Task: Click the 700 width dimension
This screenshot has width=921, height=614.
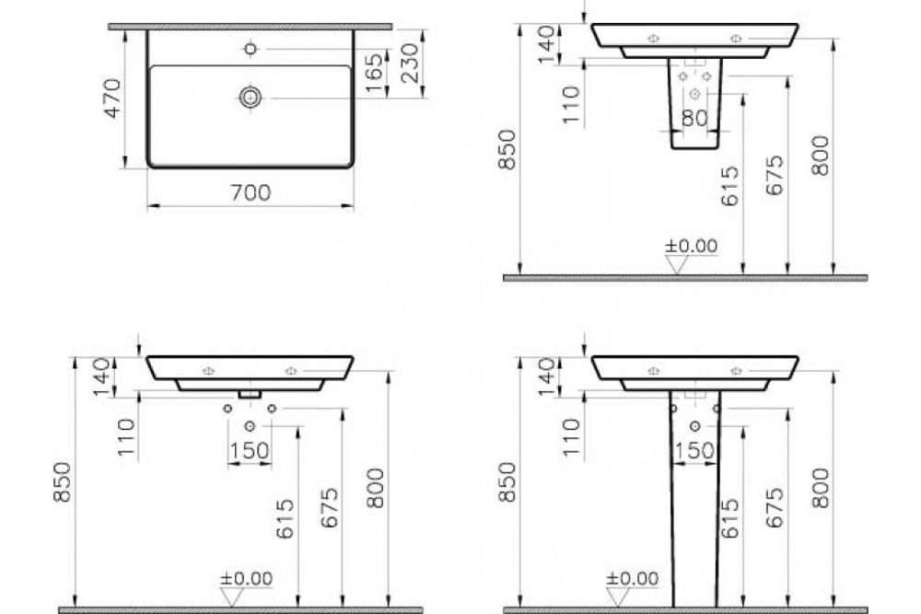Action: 251,192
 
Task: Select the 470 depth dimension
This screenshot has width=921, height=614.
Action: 111,98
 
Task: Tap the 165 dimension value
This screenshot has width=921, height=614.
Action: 373,72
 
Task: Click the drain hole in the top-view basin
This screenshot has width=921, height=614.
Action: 250,97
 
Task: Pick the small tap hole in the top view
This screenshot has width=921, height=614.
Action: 250,48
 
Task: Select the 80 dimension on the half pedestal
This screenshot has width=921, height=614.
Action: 694,118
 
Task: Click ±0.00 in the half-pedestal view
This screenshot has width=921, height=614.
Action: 692,246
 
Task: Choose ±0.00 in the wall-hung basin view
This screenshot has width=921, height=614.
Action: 246,579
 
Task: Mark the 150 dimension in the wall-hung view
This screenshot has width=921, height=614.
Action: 250,450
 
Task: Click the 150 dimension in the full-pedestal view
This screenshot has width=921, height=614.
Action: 694,450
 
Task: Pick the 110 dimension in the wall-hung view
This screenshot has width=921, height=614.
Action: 126,438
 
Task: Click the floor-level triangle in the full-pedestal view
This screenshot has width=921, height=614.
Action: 679,598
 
